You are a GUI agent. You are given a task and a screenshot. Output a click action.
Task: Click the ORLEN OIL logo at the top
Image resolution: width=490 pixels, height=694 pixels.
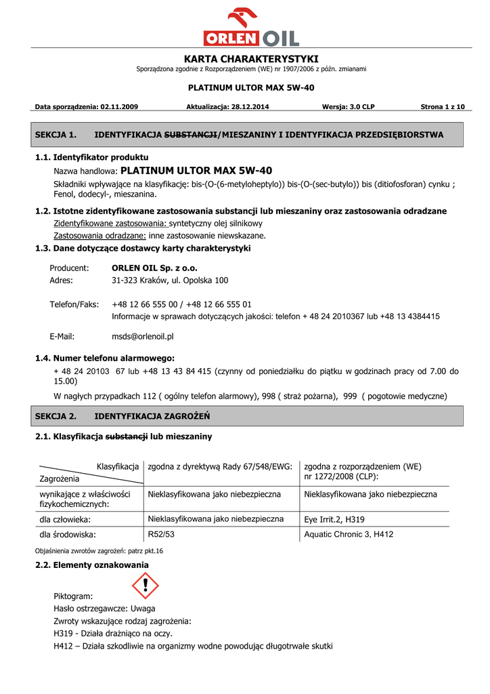coord(251,28)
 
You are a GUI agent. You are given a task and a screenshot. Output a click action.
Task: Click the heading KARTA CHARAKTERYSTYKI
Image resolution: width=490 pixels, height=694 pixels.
coord(251,59)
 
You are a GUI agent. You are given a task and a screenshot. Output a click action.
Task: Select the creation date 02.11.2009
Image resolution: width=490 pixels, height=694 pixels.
coord(119,107)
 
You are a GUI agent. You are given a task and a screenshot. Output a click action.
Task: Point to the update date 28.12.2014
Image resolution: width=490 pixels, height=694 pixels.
coord(250,107)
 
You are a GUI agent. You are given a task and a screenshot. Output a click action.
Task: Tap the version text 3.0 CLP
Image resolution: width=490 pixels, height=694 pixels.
coord(359,107)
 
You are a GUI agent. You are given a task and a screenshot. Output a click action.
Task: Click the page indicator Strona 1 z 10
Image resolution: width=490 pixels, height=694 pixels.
coord(443,107)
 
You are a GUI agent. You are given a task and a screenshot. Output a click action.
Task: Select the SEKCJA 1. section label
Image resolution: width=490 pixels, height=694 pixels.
coord(55,135)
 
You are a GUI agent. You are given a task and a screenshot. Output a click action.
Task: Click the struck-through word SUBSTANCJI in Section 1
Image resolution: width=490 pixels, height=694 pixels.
coord(192,135)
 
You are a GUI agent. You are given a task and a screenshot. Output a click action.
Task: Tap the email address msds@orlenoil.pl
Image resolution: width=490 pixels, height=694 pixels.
coord(143,336)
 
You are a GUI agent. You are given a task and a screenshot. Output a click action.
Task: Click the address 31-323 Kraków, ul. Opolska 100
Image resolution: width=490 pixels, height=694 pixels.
coord(170,280)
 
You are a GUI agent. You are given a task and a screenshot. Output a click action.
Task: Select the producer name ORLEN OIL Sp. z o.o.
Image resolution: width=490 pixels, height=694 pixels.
coord(154,268)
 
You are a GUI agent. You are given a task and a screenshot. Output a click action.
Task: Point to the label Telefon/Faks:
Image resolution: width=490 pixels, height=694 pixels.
coord(74,304)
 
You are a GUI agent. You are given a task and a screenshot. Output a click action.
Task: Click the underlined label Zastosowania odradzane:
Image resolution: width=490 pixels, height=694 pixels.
coord(100,236)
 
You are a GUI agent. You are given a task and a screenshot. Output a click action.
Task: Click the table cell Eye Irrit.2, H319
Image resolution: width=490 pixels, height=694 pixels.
coord(335,520)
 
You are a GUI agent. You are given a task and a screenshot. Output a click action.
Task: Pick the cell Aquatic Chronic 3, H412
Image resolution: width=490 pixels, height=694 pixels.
coord(349,534)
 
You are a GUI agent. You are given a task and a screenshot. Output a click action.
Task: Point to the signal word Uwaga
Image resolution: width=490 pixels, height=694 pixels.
coord(143,609)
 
